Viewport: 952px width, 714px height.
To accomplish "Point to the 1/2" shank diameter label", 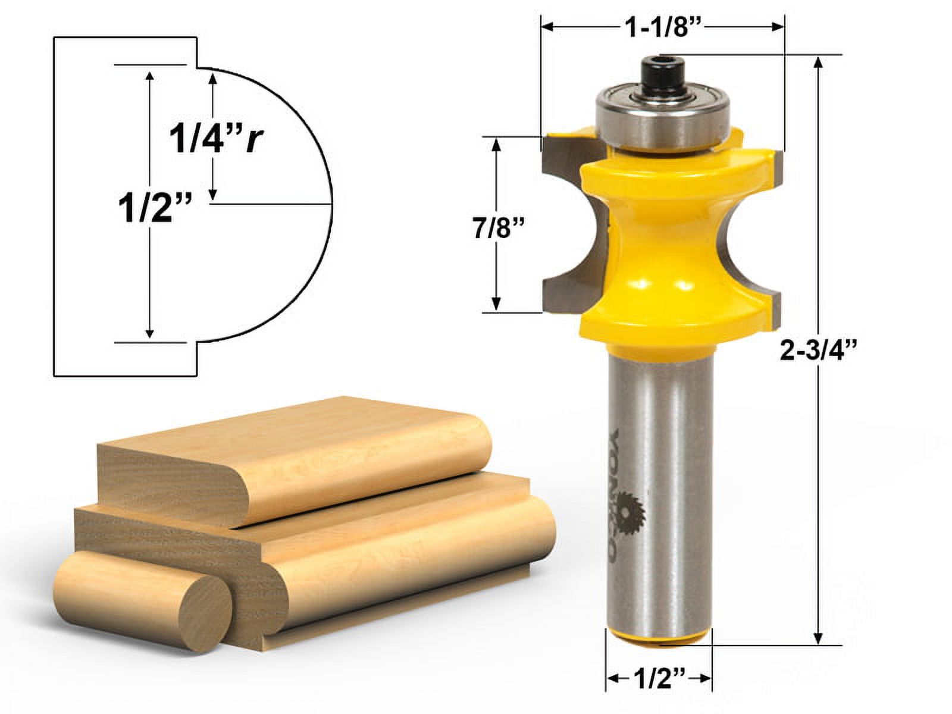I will (659, 678).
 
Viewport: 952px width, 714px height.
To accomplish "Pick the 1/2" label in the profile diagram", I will (155, 209).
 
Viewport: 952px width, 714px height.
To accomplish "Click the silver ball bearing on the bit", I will (663, 116).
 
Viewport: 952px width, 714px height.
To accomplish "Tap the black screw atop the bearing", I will (664, 74).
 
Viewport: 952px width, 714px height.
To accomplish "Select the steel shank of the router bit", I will (659, 476).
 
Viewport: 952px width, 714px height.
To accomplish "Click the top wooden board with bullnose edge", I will (286, 458).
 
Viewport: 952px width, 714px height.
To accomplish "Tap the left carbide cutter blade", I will (565, 226).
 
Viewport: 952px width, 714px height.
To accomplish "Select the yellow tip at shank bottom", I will (659, 637).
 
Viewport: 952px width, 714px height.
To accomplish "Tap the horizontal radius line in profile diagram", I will (271, 204).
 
